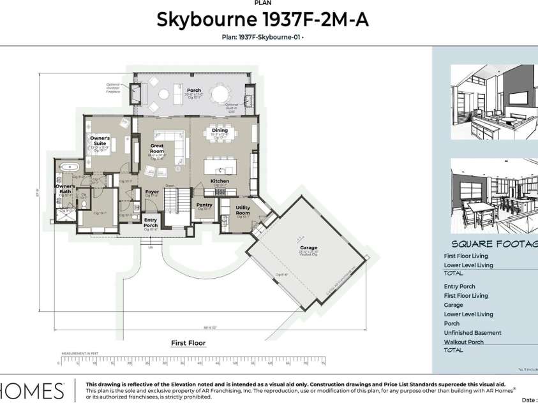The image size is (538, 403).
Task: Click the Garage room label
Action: pyautogui.click(x=309, y=247)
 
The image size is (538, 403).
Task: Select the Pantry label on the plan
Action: pyautogui.click(x=204, y=205)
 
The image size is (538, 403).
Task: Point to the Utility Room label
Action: pyautogui.click(x=243, y=210)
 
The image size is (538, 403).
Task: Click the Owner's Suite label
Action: pyautogui.click(x=100, y=140)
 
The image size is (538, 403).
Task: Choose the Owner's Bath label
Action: pyautogui.click(x=64, y=189)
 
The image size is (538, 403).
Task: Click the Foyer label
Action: pyautogui.click(x=152, y=191)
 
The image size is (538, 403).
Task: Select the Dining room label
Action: pyautogui.click(x=220, y=130)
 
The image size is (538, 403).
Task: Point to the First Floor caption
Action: pyautogui.click(x=188, y=343)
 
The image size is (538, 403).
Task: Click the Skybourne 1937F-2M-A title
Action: pyautogui.click(x=262, y=20)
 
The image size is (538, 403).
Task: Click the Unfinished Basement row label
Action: pyautogui.click(x=472, y=332)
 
